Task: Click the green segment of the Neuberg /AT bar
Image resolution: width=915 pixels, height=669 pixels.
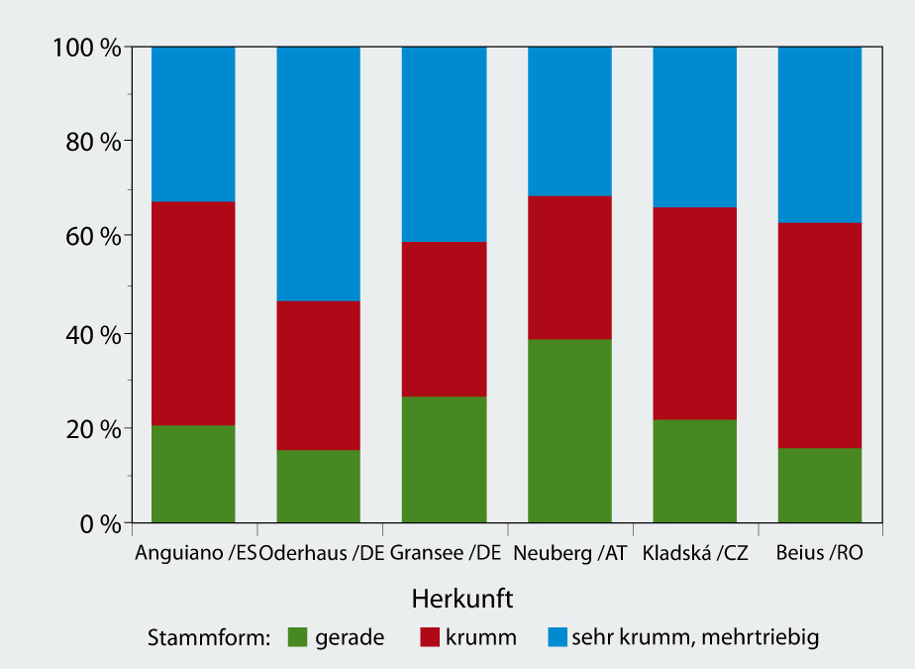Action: point(569,430)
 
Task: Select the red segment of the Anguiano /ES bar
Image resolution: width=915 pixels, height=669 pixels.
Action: point(193,313)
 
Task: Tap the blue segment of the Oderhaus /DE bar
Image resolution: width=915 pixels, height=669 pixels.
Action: point(318,173)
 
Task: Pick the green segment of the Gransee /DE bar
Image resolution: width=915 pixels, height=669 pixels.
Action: point(444,459)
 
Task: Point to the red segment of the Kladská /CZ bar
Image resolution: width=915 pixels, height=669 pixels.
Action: point(695,313)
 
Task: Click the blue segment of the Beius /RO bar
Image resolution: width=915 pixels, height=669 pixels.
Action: point(820,135)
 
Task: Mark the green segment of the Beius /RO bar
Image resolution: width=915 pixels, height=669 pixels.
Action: point(820,485)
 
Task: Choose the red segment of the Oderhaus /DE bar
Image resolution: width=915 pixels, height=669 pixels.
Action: point(318,376)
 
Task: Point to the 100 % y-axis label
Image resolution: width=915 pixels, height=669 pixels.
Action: point(87,47)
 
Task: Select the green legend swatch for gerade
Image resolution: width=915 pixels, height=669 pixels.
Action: point(297,636)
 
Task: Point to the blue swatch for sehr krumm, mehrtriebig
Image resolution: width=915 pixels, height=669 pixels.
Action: point(558,636)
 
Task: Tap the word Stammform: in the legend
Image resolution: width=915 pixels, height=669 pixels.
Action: point(208,637)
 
